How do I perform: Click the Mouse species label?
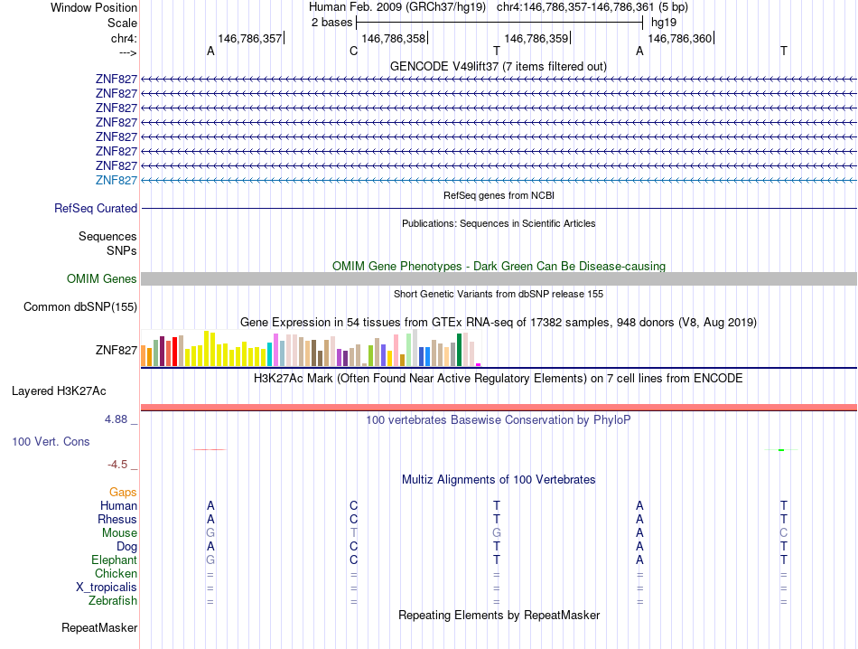(x=119, y=533)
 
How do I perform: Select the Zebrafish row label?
(x=113, y=601)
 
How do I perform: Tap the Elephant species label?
(x=115, y=560)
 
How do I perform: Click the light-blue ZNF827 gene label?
(x=116, y=181)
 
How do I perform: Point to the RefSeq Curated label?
(x=96, y=209)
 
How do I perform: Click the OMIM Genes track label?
(x=102, y=279)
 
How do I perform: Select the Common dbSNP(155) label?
(x=80, y=307)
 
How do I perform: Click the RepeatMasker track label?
(x=99, y=627)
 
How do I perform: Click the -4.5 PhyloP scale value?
(x=117, y=465)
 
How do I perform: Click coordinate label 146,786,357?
(x=250, y=39)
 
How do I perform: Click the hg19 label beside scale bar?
(x=664, y=22)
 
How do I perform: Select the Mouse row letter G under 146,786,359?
(x=497, y=533)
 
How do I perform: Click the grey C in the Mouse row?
(x=784, y=533)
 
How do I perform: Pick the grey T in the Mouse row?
(x=354, y=533)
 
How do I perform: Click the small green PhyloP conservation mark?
(x=781, y=450)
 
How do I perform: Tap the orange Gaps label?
(x=123, y=493)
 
